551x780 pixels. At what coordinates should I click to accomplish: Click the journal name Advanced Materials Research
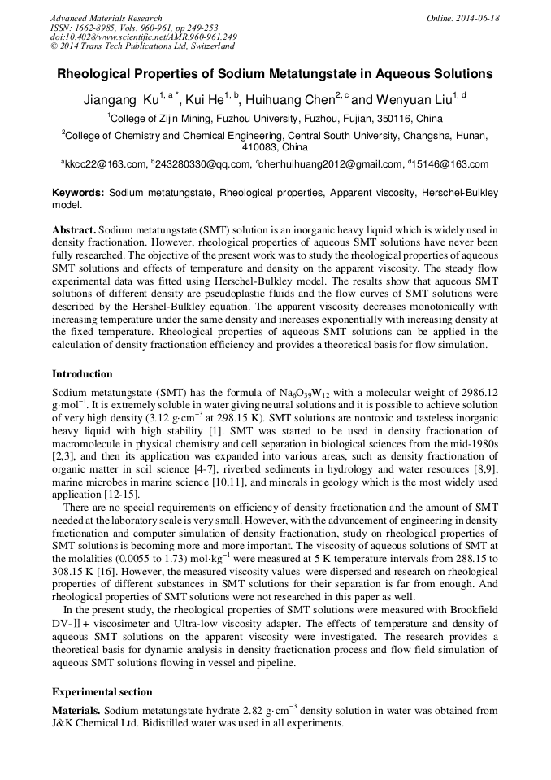click(106, 18)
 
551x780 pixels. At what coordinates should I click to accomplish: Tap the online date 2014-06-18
click(478, 18)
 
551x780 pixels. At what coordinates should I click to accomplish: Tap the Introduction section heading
click(82, 374)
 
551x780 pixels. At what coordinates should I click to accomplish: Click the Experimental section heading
click(102, 692)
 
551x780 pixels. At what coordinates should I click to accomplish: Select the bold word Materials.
click(76, 710)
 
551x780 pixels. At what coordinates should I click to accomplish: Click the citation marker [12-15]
click(122, 494)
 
